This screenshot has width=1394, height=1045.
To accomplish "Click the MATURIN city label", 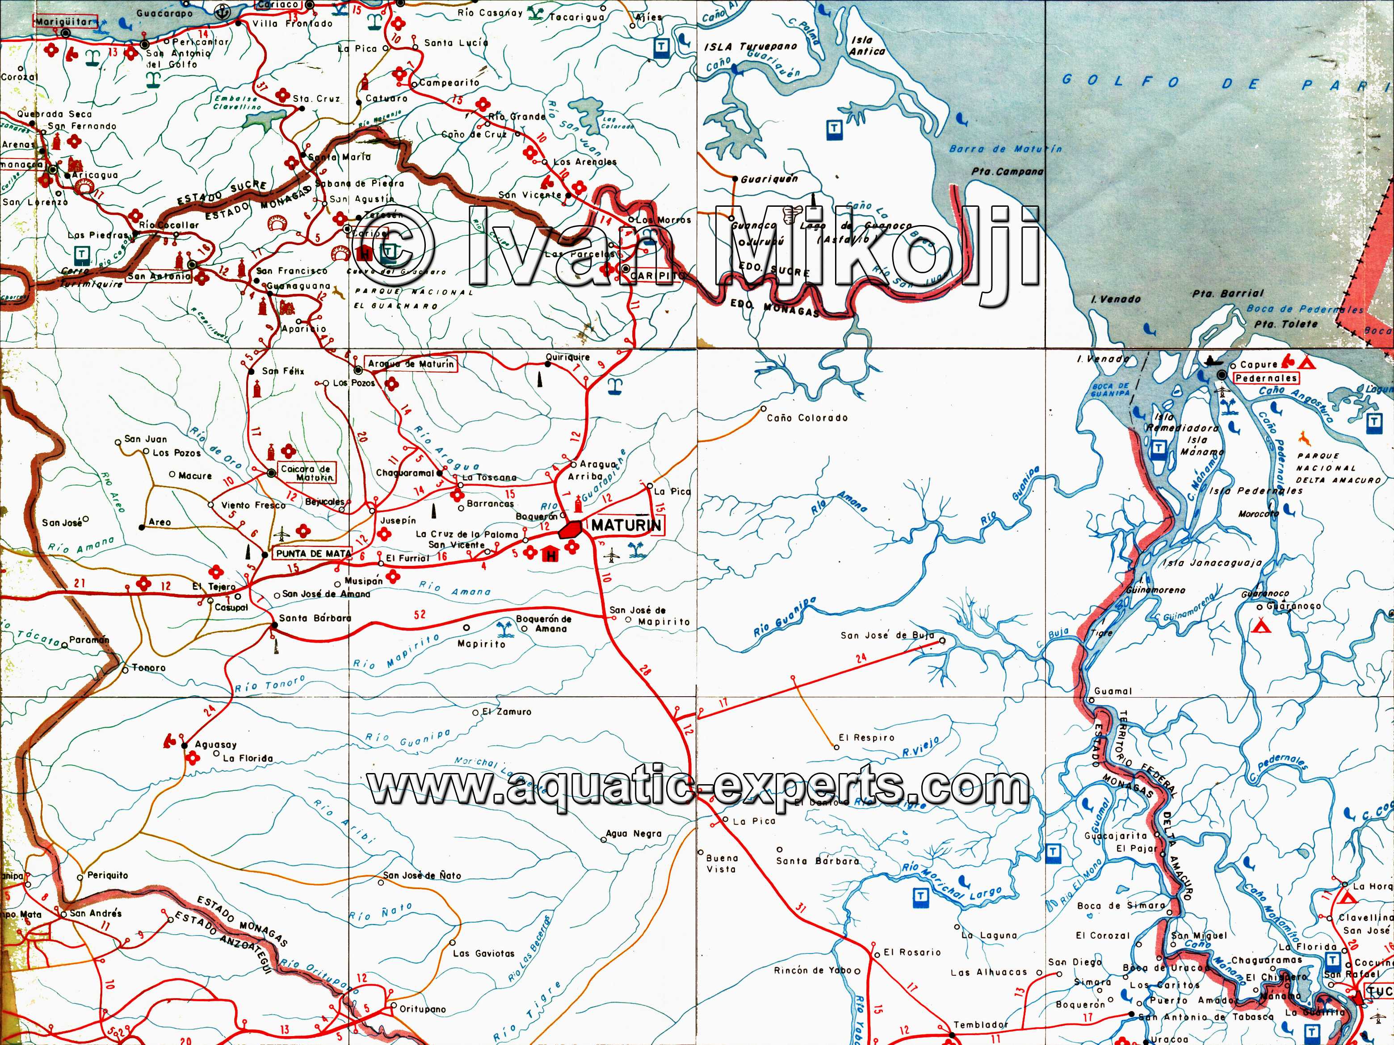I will pos(626,525).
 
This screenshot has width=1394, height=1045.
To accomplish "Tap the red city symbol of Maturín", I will pos(571,529).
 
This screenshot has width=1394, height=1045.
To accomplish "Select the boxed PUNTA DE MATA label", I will pos(313,554).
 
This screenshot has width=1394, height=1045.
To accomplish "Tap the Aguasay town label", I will pos(215,744).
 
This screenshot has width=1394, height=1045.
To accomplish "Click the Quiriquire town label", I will pos(568,357).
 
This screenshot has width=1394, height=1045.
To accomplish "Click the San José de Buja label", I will pos(887,635).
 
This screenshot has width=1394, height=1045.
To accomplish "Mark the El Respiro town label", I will pos(866,738).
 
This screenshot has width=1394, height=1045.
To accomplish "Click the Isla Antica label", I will pos(867,46).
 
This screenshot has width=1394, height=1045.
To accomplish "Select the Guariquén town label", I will pos(769,179).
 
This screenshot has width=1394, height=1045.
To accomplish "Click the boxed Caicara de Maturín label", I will pos(306,473).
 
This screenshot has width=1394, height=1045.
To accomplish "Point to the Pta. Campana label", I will pos(1007,171).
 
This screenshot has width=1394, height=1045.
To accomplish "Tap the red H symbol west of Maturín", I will pos(551,555).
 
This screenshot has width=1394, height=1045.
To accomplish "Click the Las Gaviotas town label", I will pos(483,953).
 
